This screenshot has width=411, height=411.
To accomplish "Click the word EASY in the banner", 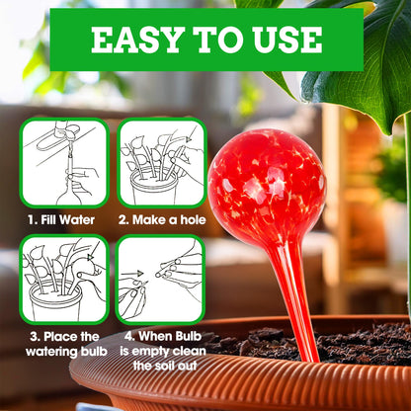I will point(137,40).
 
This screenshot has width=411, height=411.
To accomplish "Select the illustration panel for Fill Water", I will point(64,163).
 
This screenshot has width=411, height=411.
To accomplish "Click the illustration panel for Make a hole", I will point(161,163).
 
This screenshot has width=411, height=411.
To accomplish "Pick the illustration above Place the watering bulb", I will point(64,280).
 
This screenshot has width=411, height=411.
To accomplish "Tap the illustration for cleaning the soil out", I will point(161,280).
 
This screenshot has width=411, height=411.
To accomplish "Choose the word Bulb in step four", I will point(189,336).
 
